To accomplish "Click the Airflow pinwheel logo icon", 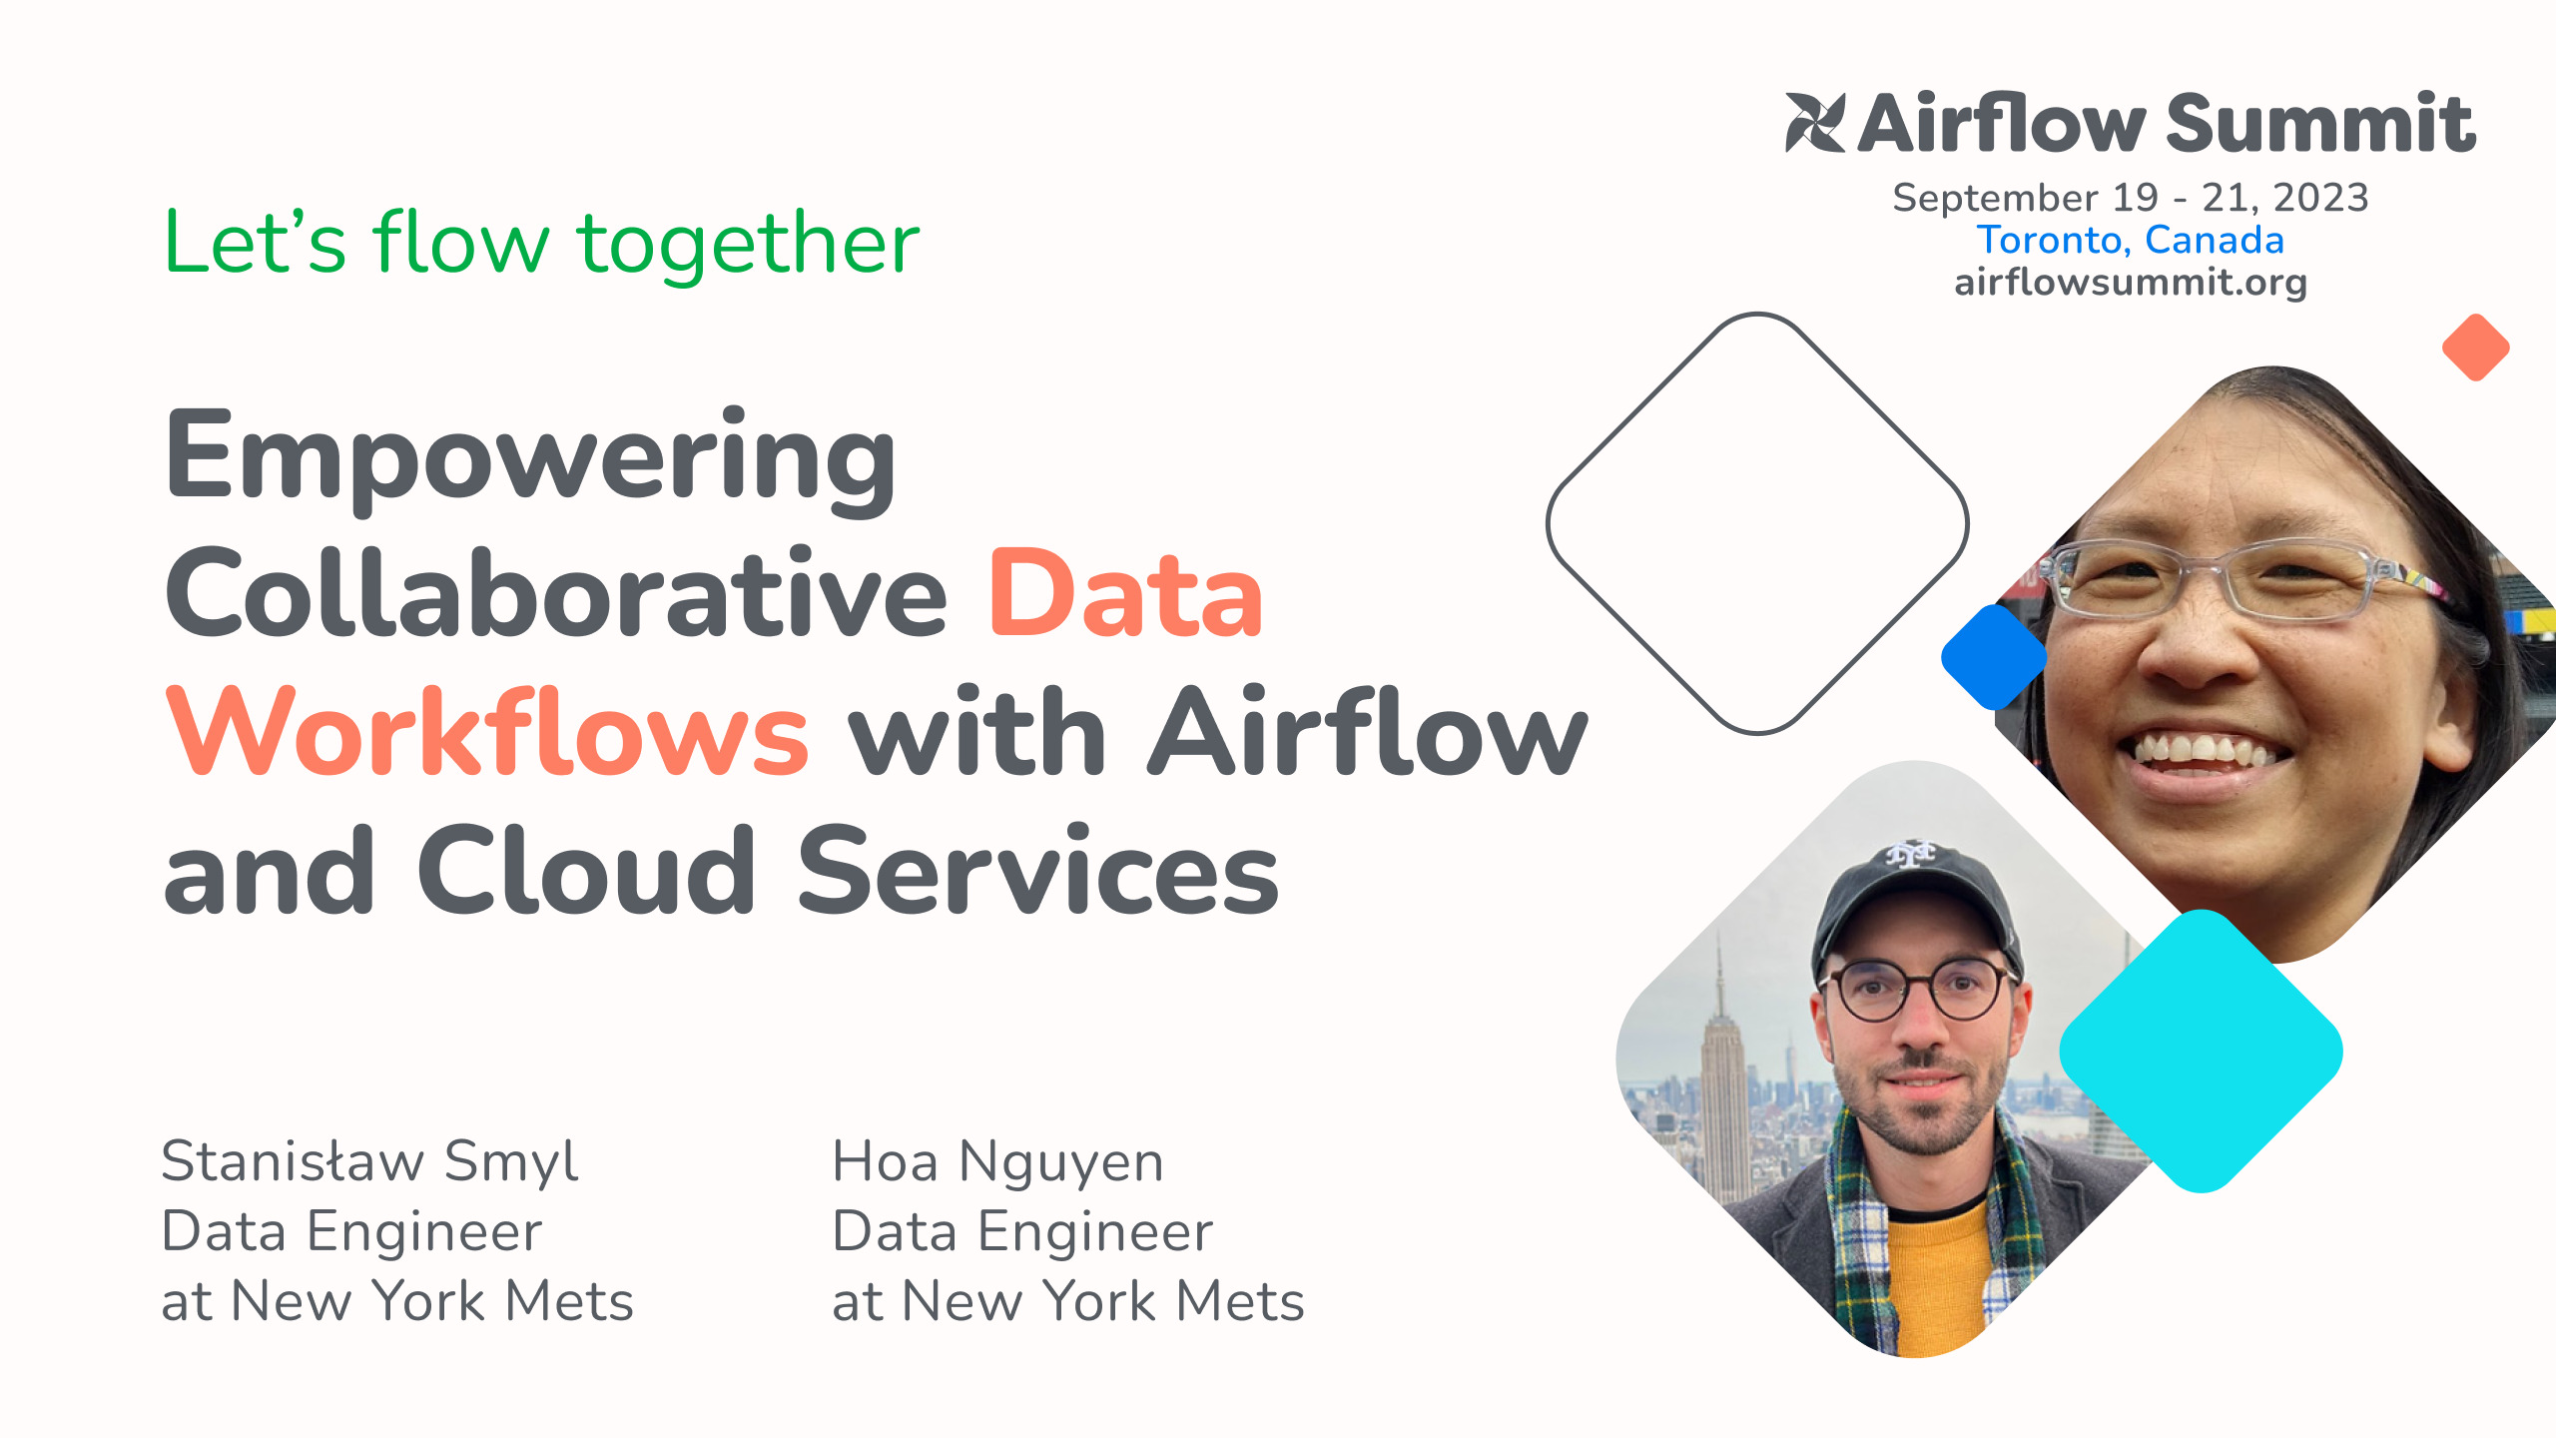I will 1815,122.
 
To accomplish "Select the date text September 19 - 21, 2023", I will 2130,198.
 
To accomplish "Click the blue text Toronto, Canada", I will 2130,240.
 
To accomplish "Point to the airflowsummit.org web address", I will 2130,283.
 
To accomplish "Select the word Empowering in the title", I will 530,458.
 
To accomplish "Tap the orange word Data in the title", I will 1125,596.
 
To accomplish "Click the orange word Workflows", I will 487,734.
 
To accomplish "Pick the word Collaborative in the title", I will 555,596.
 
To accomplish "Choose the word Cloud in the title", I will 585,872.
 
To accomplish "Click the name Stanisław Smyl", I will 369,1161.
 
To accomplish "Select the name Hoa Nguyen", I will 997,1161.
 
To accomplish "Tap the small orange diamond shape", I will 2475,348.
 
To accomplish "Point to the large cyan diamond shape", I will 2201,1052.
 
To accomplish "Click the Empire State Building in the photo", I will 1722,1078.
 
